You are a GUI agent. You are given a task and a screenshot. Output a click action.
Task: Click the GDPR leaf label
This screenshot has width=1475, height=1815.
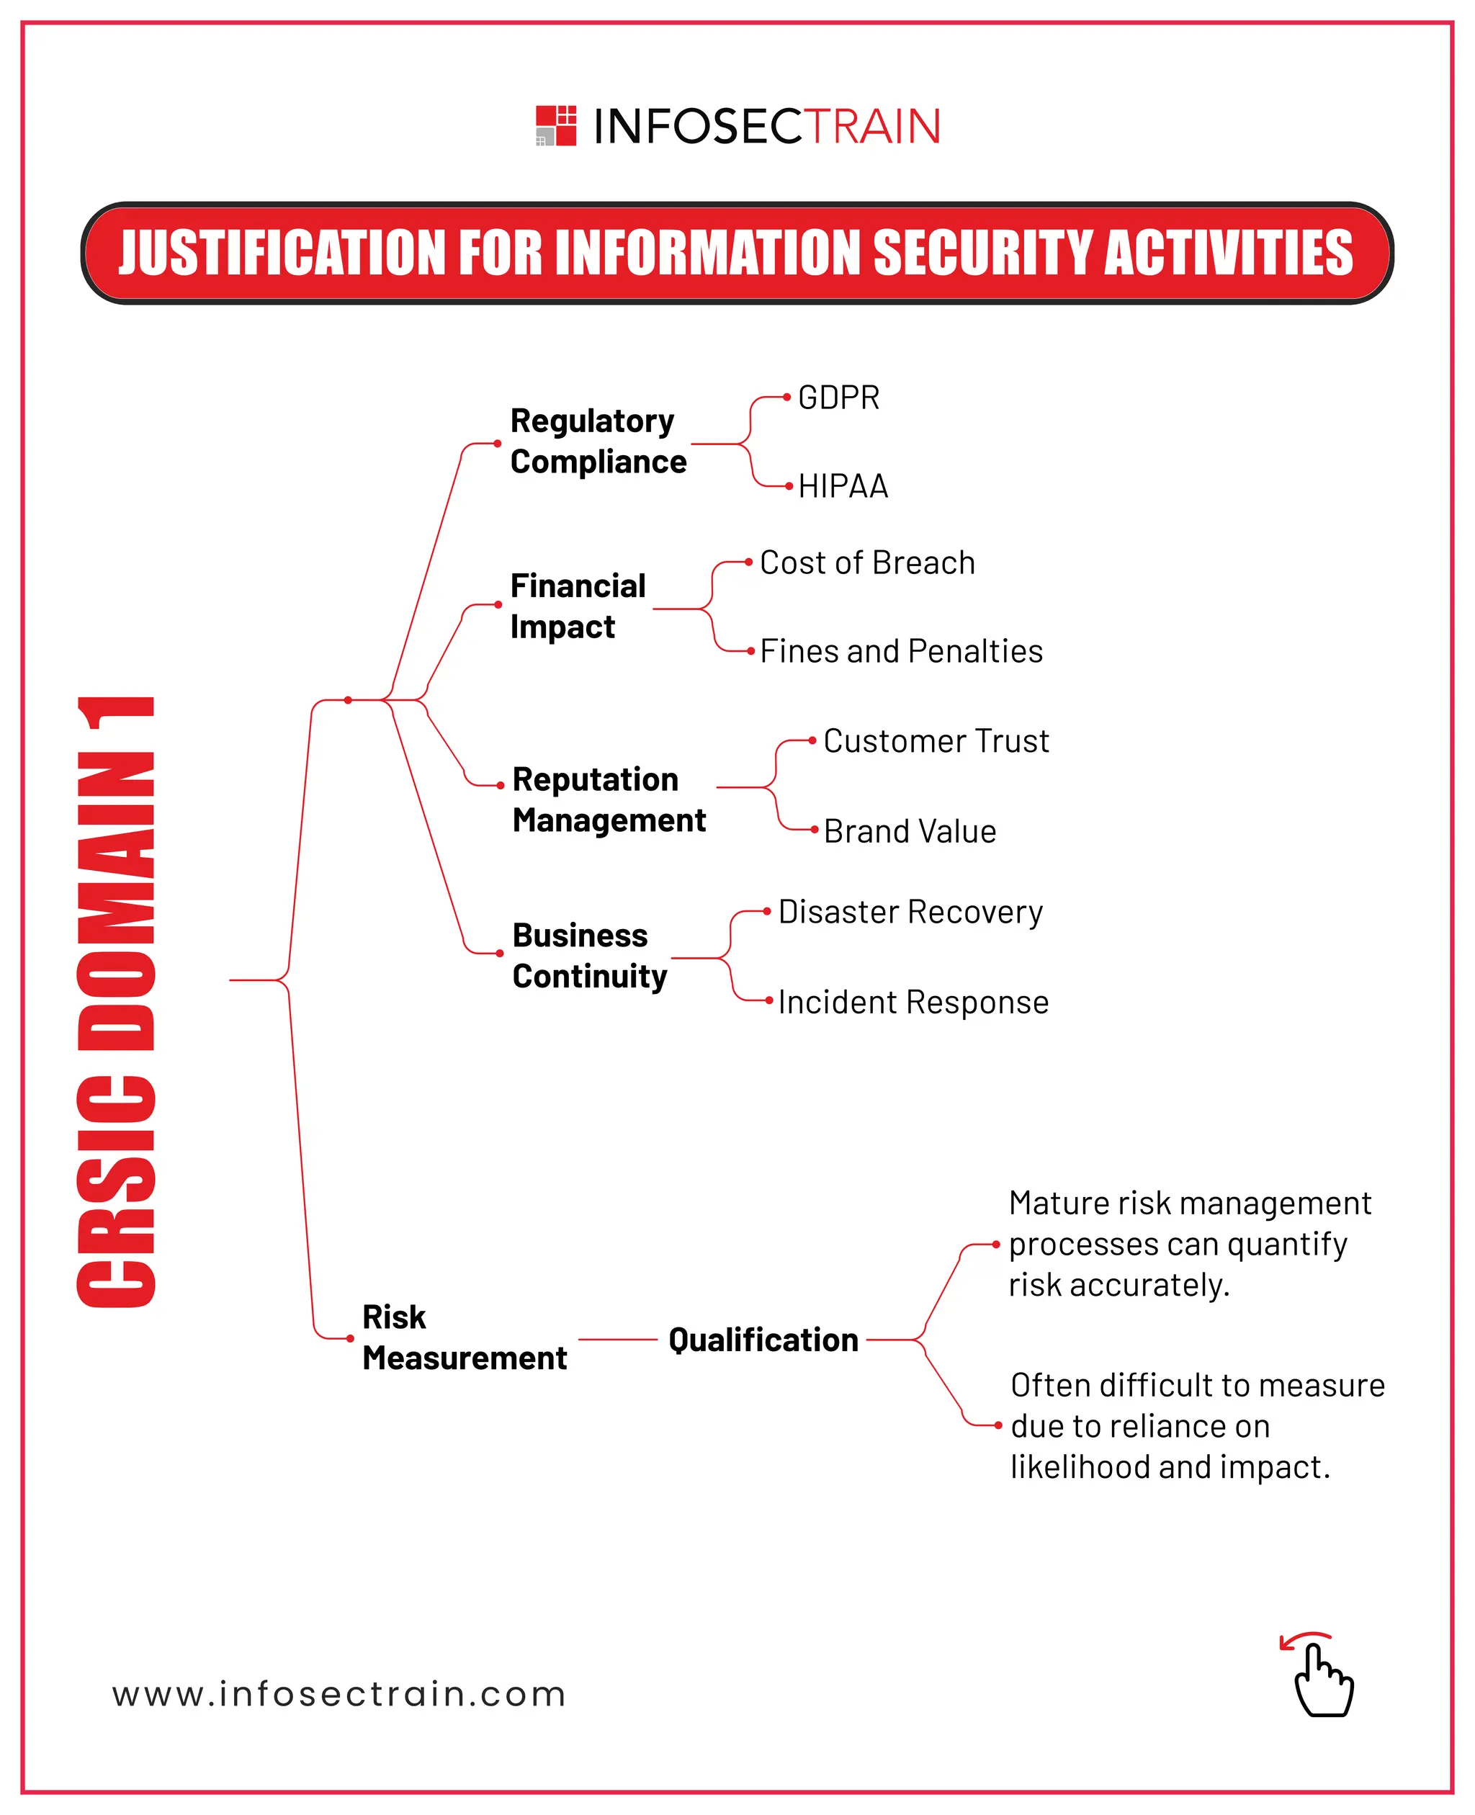point(838,398)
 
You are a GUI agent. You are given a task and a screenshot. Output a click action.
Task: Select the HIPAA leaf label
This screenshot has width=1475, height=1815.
point(843,486)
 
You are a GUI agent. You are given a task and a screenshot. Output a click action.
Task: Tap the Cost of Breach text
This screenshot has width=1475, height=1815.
point(866,563)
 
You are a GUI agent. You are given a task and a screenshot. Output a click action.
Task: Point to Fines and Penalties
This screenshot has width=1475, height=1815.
point(901,651)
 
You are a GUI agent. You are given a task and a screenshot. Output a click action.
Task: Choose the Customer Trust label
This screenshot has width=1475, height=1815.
point(936,741)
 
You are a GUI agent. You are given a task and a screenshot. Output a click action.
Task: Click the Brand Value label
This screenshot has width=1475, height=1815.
point(909,831)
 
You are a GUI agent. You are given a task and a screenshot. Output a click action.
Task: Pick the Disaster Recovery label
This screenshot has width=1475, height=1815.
point(910,912)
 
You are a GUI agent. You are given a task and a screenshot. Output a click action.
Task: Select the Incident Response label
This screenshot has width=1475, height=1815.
point(913,1002)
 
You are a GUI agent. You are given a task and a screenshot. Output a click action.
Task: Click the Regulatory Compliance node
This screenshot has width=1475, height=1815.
point(598,441)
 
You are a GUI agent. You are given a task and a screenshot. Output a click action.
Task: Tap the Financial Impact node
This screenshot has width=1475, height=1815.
point(578,606)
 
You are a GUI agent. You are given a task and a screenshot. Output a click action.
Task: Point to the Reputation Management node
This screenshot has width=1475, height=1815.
point(609,799)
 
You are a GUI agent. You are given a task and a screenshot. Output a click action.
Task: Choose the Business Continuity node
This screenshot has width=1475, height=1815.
point(590,955)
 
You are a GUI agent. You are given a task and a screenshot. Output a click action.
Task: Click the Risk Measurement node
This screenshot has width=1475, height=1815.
point(464,1337)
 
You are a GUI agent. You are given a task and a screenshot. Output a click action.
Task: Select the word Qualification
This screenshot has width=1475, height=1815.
point(763,1340)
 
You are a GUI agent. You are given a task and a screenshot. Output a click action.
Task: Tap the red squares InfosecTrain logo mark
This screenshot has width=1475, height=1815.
point(556,126)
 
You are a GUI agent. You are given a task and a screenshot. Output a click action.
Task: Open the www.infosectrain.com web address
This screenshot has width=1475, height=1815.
point(339,1694)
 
